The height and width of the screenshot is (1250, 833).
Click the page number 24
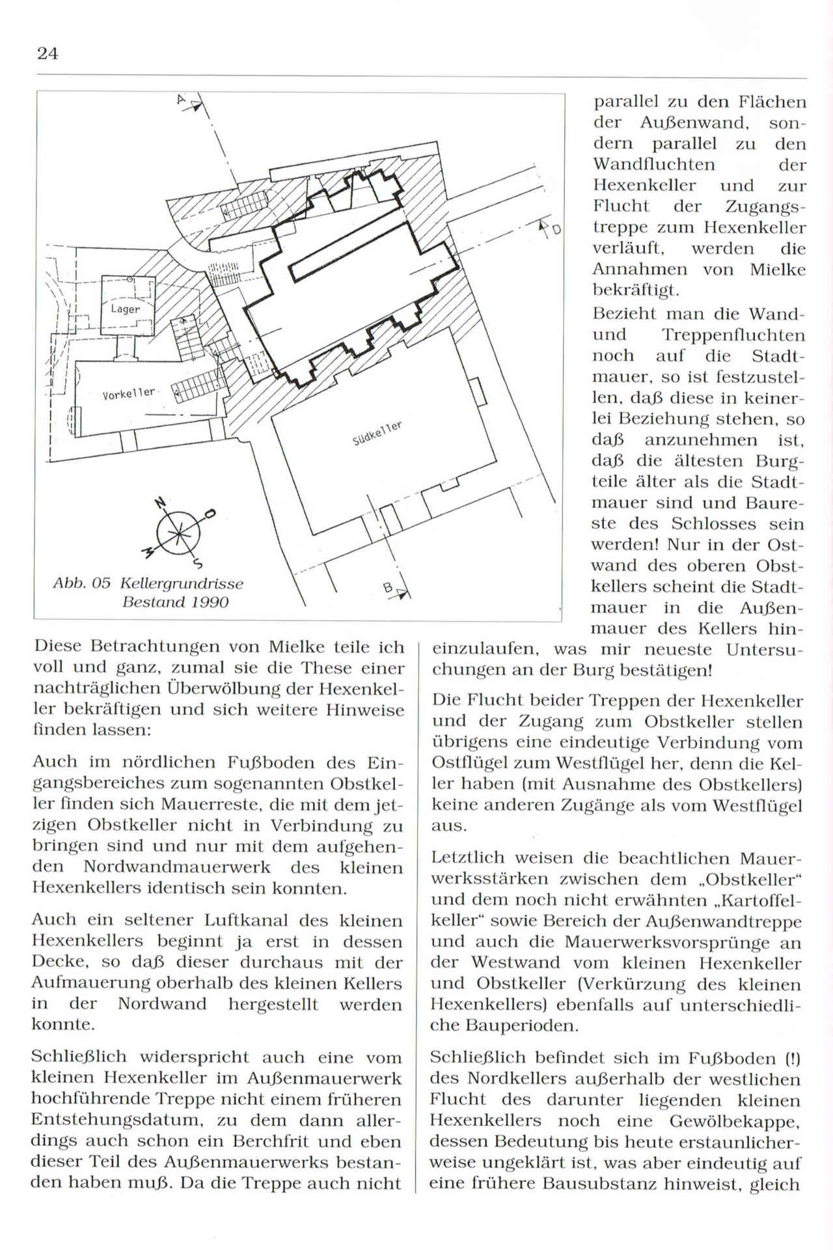48,53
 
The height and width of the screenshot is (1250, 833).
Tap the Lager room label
125,309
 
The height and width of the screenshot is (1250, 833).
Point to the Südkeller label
377,434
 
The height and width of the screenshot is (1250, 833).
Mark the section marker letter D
556,229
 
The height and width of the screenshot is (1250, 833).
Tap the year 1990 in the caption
209,602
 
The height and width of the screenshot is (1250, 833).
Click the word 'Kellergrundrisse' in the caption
182,584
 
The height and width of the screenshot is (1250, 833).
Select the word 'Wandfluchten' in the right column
653,165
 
